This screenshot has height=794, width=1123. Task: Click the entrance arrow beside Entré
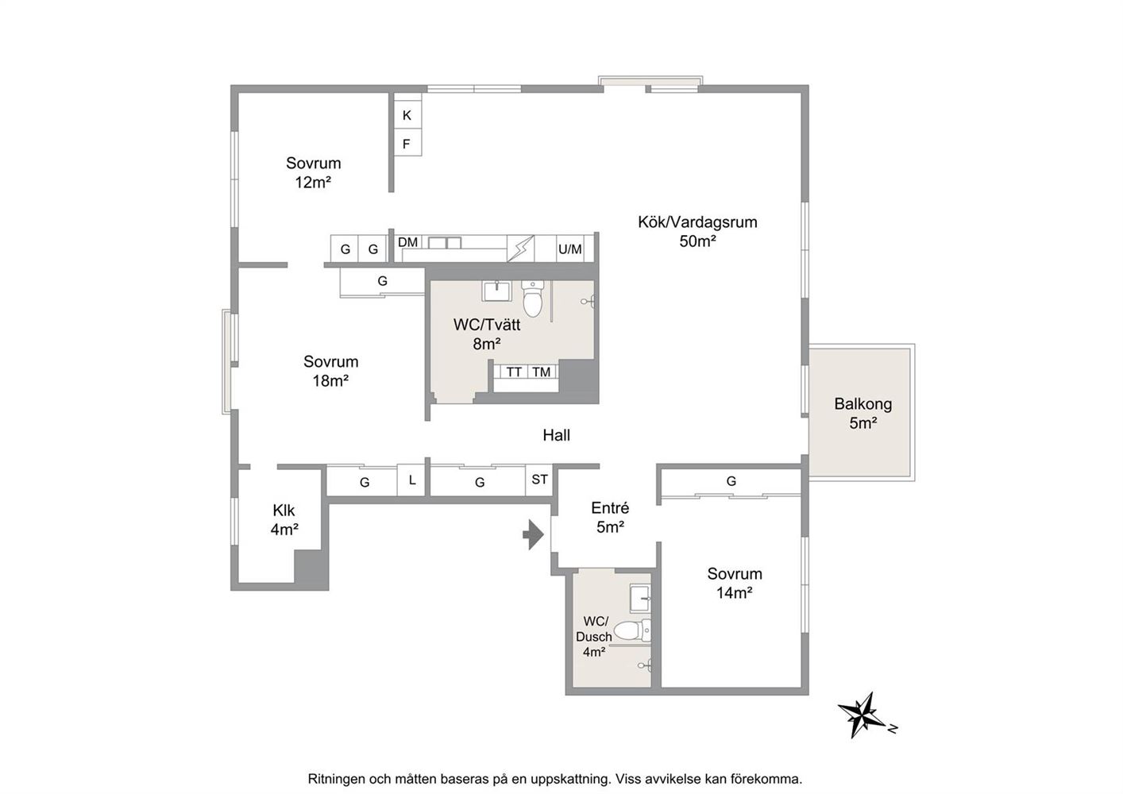click(534, 535)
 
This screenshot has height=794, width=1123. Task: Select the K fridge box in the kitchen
click(407, 115)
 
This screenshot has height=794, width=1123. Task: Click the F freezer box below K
click(407, 144)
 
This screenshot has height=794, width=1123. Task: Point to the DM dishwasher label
click(407, 243)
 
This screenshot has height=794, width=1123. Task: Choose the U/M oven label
click(570, 249)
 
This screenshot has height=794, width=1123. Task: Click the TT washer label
click(514, 372)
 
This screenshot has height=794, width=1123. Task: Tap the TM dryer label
click(542, 372)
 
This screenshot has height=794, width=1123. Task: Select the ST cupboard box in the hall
click(539, 480)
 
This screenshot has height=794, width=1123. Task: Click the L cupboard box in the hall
click(411, 480)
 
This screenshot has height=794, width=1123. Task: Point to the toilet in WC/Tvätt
click(532, 298)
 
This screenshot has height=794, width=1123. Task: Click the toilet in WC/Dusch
click(632, 630)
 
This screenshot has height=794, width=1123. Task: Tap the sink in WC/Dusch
click(640, 598)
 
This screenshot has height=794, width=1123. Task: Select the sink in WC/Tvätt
click(496, 291)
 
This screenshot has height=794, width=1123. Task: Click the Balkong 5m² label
click(863, 414)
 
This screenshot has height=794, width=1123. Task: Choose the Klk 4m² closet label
click(284, 520)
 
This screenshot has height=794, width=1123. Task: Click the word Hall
click(556, 435)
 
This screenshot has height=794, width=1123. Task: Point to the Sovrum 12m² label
click(314, 172)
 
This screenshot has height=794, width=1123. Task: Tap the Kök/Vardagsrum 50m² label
click(697, 232)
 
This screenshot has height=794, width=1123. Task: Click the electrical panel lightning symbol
click(520, 248)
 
